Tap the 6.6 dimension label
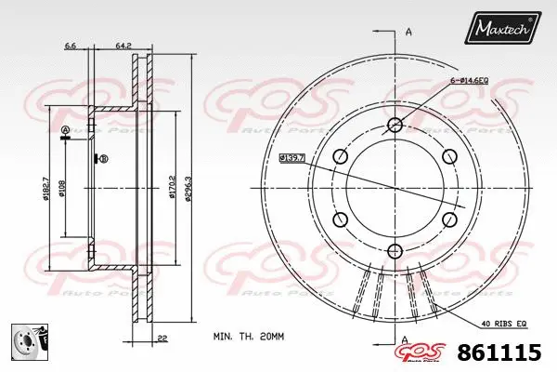pos(71,44)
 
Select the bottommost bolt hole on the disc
pos(395,249)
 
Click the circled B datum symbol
pos(104,159)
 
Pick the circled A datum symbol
pos(65,129)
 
